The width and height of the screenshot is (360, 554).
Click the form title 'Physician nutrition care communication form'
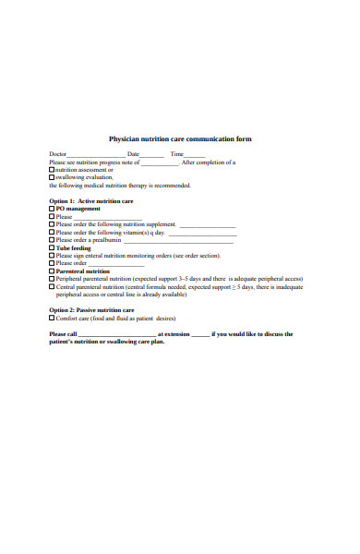180,139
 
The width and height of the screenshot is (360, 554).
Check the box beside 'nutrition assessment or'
52,170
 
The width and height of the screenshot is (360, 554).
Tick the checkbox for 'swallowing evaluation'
52,177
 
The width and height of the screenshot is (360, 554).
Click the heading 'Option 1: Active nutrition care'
91,200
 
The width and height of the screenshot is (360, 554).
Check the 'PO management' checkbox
52,209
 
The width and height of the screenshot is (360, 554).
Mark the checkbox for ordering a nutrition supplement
52,223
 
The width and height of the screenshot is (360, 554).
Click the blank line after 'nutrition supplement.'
207,225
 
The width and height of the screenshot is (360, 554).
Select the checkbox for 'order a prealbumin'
52,239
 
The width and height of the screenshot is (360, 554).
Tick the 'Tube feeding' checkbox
52,247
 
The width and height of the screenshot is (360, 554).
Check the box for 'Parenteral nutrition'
52,271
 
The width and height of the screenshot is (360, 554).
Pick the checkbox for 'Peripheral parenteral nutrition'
52,278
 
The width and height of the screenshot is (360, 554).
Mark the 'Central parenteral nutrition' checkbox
52,286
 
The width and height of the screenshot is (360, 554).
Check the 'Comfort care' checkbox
52,318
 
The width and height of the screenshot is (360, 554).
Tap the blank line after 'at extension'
200,335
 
